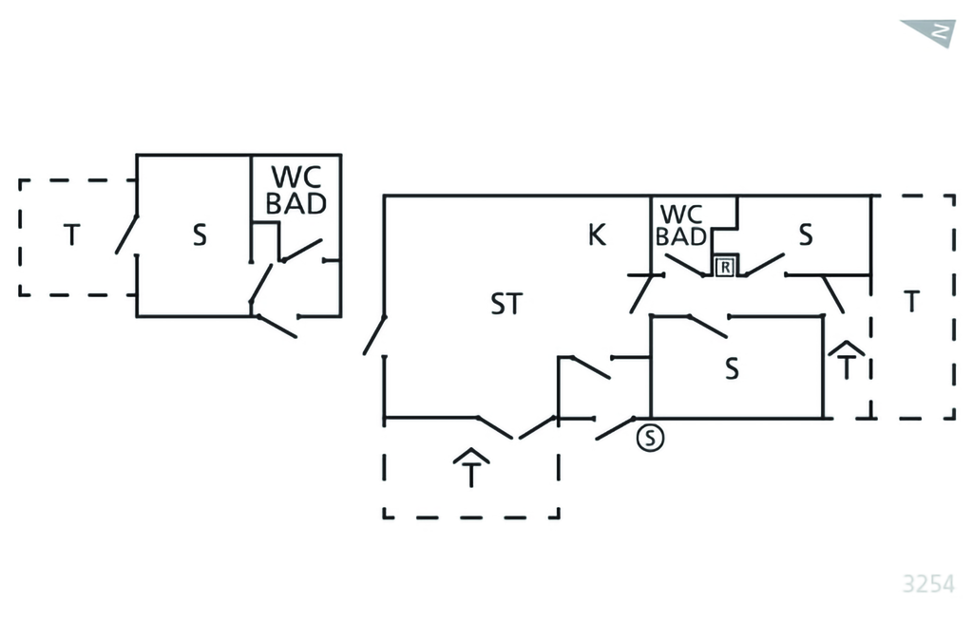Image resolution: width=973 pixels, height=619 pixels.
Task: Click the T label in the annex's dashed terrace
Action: pos(71,234)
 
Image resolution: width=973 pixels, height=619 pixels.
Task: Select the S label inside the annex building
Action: pos(200,235)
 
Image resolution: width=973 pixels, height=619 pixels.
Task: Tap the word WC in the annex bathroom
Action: pos(296,178)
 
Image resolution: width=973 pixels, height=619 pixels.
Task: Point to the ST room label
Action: pos(506,305)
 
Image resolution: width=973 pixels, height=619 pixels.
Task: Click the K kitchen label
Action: pos(597,234)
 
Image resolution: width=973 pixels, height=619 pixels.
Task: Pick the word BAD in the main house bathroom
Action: pos(681,237)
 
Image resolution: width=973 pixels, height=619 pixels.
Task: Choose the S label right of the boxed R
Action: pos(806,235)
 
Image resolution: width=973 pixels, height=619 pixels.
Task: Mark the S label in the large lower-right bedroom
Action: pos(732,369)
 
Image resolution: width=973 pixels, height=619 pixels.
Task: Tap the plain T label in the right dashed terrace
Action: pos(912,302)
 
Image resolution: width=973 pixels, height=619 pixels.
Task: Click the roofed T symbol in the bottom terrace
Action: pos(470,467)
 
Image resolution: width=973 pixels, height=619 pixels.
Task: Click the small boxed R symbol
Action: pos(725,267)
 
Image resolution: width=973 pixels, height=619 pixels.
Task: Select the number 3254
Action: pos(927,582)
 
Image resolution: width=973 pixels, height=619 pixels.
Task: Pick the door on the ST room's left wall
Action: pos(374,335)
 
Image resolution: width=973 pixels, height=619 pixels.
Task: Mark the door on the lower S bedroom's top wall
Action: pos(707,326)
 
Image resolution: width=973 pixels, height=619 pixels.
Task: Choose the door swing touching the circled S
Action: pos(616,428)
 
